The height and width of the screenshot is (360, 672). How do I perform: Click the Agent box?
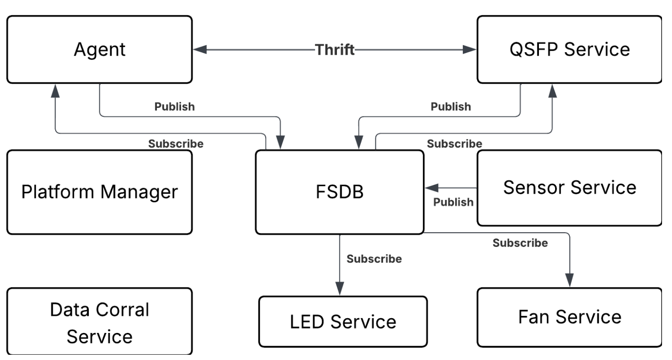(99, 49)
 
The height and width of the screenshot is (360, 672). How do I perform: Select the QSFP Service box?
(569, 49)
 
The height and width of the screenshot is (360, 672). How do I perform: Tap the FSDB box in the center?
(339, 192)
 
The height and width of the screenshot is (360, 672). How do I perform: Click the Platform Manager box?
(99, 192)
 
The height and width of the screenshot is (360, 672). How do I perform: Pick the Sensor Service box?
(569, 188)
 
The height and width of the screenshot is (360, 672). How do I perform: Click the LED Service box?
(343, 322)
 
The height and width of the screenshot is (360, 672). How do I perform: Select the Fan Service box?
(569, 317)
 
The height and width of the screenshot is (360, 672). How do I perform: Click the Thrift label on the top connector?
(335, 49)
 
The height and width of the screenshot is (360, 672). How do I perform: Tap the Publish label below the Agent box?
(174, 107)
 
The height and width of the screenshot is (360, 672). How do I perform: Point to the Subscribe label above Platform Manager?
(176, 143)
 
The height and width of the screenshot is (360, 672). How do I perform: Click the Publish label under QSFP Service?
(451, 107)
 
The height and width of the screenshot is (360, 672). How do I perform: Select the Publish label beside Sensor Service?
(453, 202)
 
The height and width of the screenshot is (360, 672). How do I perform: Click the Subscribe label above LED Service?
(374, 259)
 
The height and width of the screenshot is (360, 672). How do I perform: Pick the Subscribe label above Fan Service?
(520, 243)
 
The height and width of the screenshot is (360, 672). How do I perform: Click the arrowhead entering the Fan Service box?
(569, 281)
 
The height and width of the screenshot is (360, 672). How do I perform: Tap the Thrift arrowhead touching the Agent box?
(200, 49)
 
